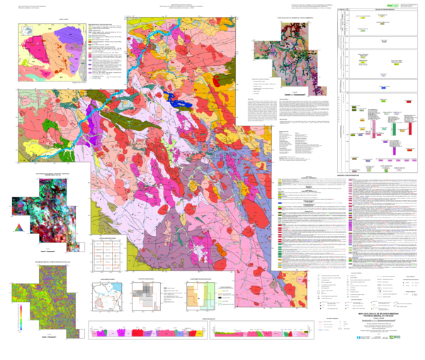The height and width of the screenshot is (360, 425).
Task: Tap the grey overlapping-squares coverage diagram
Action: (149, 296)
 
